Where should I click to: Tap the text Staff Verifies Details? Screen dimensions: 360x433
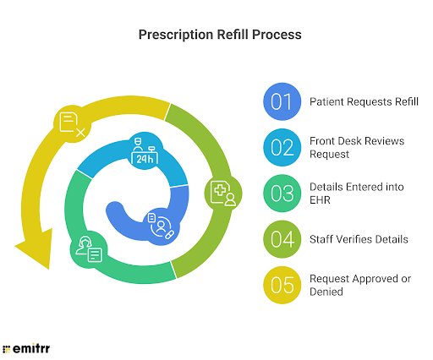pos(359,240)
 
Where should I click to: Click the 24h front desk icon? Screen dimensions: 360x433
pos(145,153)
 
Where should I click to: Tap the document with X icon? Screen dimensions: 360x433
pos(71,124)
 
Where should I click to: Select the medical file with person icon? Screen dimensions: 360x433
pos(224,193)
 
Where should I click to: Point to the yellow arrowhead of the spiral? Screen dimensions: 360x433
pos(32,254)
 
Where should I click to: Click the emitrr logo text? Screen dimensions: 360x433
pos(31,346)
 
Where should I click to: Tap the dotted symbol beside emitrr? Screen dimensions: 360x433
pos(8,347)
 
